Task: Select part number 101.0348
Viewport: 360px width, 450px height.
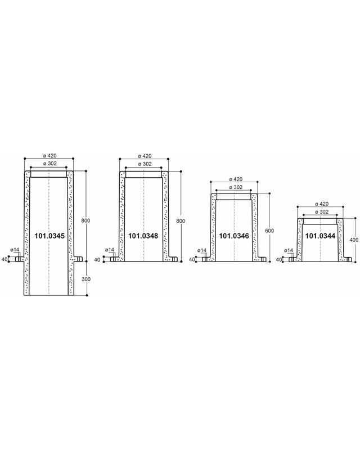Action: pos(143,236)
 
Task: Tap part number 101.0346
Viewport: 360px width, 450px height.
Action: pos(233,236)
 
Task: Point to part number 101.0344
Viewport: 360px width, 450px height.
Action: pos(320,236)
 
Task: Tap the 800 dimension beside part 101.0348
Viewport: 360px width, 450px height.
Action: pos(181,220)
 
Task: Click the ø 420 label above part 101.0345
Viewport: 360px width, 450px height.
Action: pos(49,156)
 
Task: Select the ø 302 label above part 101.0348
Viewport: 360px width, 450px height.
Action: pos(143,164)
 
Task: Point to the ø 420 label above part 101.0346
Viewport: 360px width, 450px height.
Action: pos(233,179)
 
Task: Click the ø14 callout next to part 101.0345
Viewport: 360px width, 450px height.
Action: pos(15,249)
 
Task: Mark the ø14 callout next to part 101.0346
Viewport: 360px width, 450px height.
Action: pos(200,250)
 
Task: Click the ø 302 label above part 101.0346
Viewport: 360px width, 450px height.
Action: pos(233,187)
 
